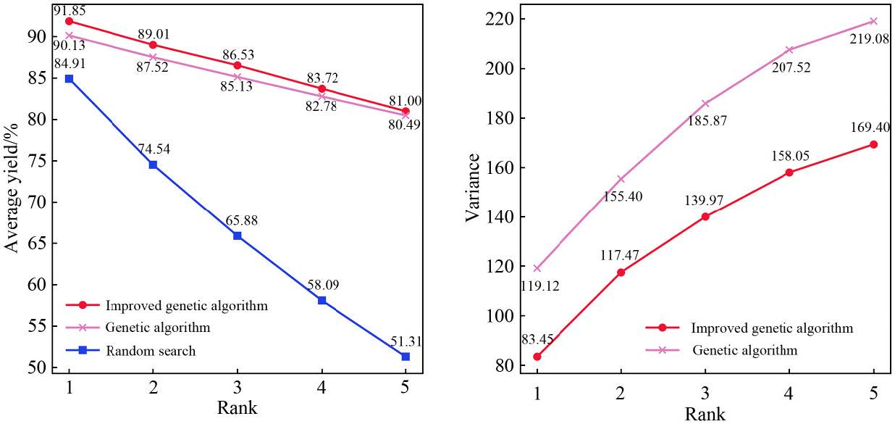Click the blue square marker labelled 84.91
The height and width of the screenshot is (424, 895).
pos(69,78)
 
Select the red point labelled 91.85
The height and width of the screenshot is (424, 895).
pos(69,21)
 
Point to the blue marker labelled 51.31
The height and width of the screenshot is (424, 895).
pos(405,357)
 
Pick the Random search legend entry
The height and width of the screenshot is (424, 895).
pos(151,351)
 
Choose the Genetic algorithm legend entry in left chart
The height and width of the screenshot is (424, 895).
pos(158,328)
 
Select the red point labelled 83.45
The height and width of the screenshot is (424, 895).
pos(537,357)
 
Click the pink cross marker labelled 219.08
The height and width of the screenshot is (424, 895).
pos(873,21)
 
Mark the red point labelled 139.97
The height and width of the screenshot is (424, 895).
pos(705,216)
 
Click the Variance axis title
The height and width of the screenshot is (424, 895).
pos(473,187)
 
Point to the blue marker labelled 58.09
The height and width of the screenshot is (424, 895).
pos(322,300)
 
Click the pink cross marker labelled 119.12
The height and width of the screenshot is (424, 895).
pos(537,268)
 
